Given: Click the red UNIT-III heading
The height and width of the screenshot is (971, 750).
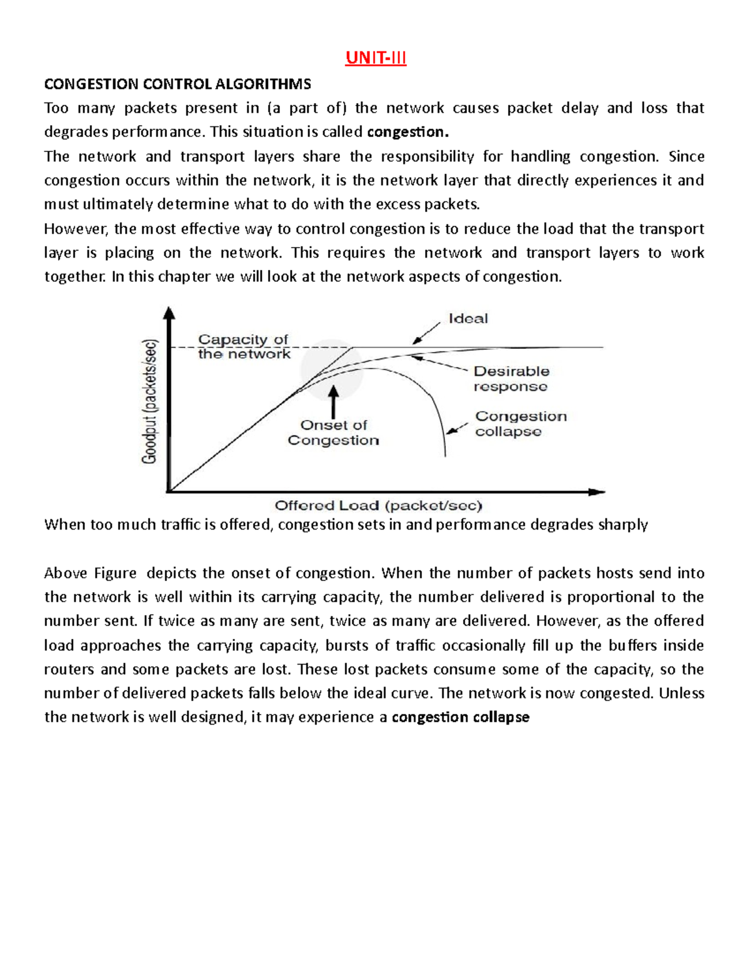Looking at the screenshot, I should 376,58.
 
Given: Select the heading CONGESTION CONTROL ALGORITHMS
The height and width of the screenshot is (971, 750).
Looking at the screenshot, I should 177,84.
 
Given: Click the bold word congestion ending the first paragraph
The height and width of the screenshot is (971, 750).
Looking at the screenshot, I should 407,132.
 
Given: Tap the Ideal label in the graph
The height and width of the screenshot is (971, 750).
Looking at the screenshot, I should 468,318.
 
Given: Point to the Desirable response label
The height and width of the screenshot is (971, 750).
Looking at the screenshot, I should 511,378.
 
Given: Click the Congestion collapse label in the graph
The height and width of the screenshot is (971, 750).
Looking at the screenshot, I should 521,423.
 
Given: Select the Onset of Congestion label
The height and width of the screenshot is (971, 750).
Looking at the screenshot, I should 333,432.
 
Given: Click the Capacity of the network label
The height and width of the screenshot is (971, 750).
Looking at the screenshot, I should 244,346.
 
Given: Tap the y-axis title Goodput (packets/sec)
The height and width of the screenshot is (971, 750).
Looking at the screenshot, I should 150,401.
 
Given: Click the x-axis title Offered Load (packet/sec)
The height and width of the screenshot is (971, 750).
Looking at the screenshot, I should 378,505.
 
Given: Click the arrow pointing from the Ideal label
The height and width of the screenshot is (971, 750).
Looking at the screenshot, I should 426,333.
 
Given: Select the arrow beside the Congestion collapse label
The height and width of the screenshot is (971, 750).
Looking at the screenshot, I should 457,428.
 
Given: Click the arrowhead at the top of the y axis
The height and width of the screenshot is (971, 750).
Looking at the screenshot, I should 169,313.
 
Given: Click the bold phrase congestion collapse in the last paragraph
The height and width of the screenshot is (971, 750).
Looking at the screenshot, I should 460,717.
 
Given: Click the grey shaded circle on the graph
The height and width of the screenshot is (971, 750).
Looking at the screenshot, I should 331,370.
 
